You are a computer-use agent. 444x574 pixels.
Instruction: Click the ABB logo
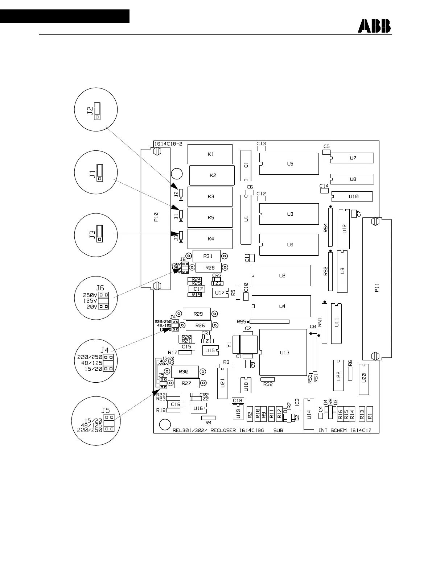point(374,26)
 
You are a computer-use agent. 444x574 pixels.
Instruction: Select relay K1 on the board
point(210,154)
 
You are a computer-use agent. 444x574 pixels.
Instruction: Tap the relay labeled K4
point(210,239)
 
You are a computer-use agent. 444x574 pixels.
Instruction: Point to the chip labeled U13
point(283,352)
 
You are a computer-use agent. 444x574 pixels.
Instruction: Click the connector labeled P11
point(377,289)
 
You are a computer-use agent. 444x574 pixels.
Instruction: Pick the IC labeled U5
point(289,164)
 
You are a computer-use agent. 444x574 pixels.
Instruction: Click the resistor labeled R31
point(207,256)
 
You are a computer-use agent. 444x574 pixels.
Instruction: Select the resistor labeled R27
point(186,383)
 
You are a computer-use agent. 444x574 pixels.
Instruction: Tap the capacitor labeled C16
point(176,404)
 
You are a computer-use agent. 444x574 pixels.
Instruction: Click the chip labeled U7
point(352,158)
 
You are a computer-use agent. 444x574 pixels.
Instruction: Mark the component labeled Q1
point(246,166)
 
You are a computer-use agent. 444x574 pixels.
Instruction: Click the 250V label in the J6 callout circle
point(90,295)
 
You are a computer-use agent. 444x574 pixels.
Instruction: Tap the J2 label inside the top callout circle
point(90,110)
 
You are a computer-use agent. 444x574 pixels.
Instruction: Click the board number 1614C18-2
point(168,144)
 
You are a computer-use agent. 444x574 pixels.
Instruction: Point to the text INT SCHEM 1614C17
point(348,430)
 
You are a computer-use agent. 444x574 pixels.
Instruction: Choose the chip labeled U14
point(309,414)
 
